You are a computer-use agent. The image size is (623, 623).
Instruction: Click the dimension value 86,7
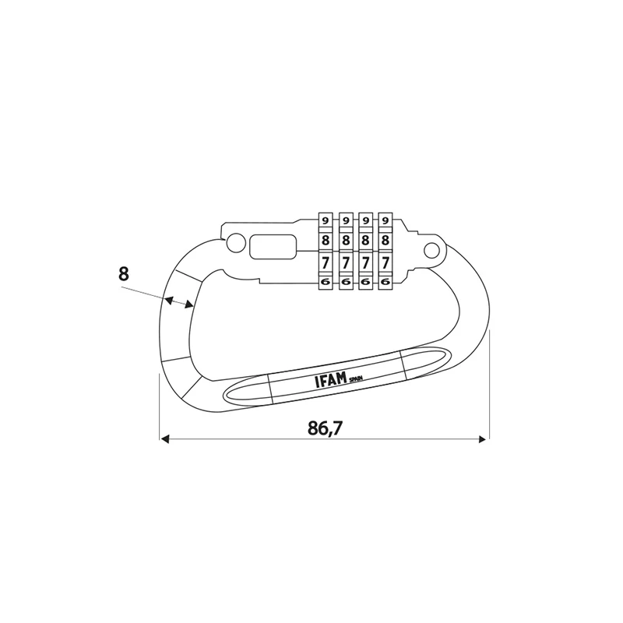(x=325, y=428)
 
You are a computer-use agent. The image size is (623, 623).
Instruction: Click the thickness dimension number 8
(x=124, y=274)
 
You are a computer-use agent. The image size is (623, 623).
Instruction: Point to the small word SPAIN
(x=356, y=379)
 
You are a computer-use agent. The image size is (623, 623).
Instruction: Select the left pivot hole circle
(x=236, y=242)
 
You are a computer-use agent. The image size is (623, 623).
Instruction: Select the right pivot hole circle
(x=432, y=250)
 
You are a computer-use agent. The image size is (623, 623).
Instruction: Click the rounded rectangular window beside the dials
(x=273, y=246)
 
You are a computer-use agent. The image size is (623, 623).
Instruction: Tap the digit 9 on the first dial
(x=326, y=220)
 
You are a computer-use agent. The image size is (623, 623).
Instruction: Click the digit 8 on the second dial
(x=346, y=241)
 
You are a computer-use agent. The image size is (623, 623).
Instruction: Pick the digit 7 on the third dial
(x=365, y=262)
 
